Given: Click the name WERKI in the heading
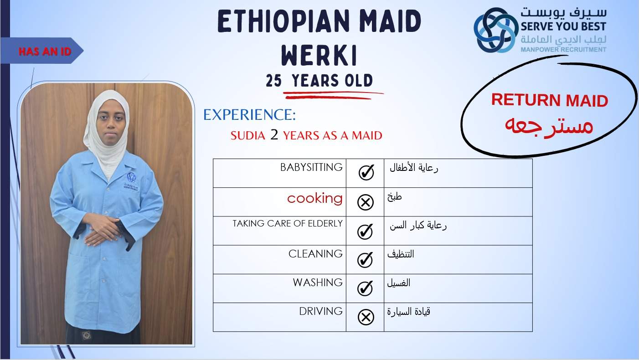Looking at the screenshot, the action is [319, 55].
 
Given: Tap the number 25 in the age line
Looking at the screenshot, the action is [274, 81].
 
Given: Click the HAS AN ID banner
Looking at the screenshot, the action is [42, 51].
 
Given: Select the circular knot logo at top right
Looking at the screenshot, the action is [496, 30].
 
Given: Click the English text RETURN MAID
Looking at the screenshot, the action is [550, 100].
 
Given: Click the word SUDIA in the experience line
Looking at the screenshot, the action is [247, 135].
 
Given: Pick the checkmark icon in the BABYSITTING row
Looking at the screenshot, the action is [366, 172].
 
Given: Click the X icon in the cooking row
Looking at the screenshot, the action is [366, 202].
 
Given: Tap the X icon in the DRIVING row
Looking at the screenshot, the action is [366, 317].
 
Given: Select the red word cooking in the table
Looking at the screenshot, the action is [314, 198].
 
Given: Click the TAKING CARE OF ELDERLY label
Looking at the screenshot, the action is [288, 223].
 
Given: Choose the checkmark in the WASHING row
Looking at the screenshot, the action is [365, 288].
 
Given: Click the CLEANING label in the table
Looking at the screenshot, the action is [315, 254].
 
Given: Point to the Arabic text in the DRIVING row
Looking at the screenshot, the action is [408, 312].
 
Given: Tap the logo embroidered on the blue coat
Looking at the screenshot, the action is [131, 181].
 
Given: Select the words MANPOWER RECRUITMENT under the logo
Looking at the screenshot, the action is [563, 50].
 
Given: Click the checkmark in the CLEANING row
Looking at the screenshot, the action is [365, 259].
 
